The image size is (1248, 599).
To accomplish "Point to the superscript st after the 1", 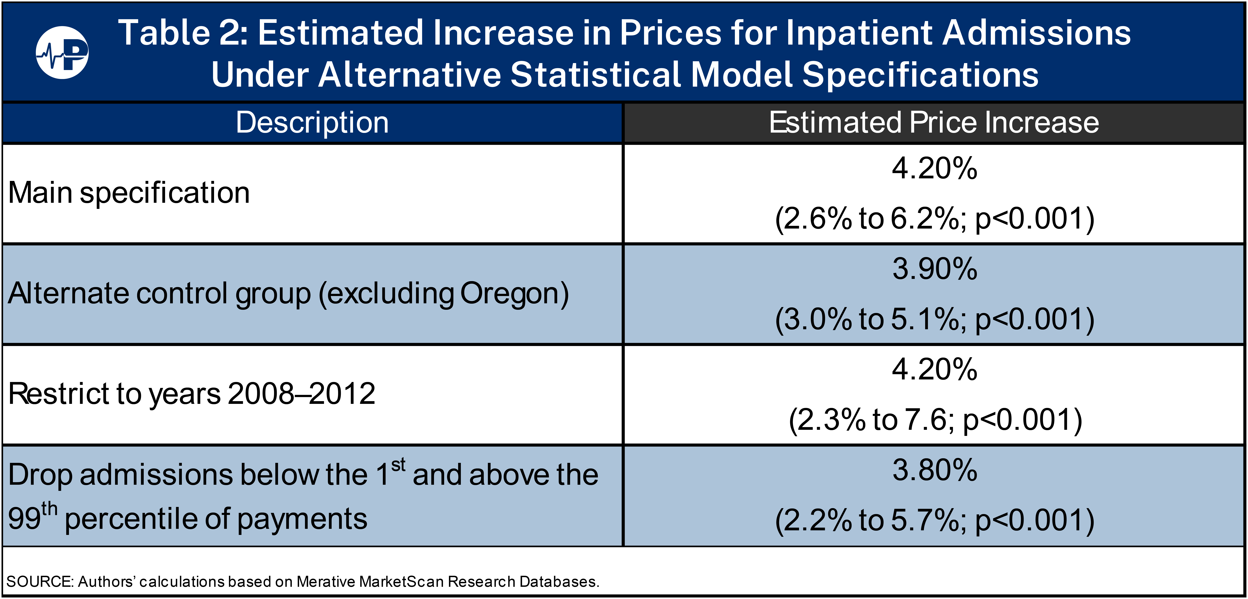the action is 398,465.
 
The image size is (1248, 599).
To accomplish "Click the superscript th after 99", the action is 49,509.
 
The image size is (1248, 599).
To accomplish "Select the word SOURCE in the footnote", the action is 40,582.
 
